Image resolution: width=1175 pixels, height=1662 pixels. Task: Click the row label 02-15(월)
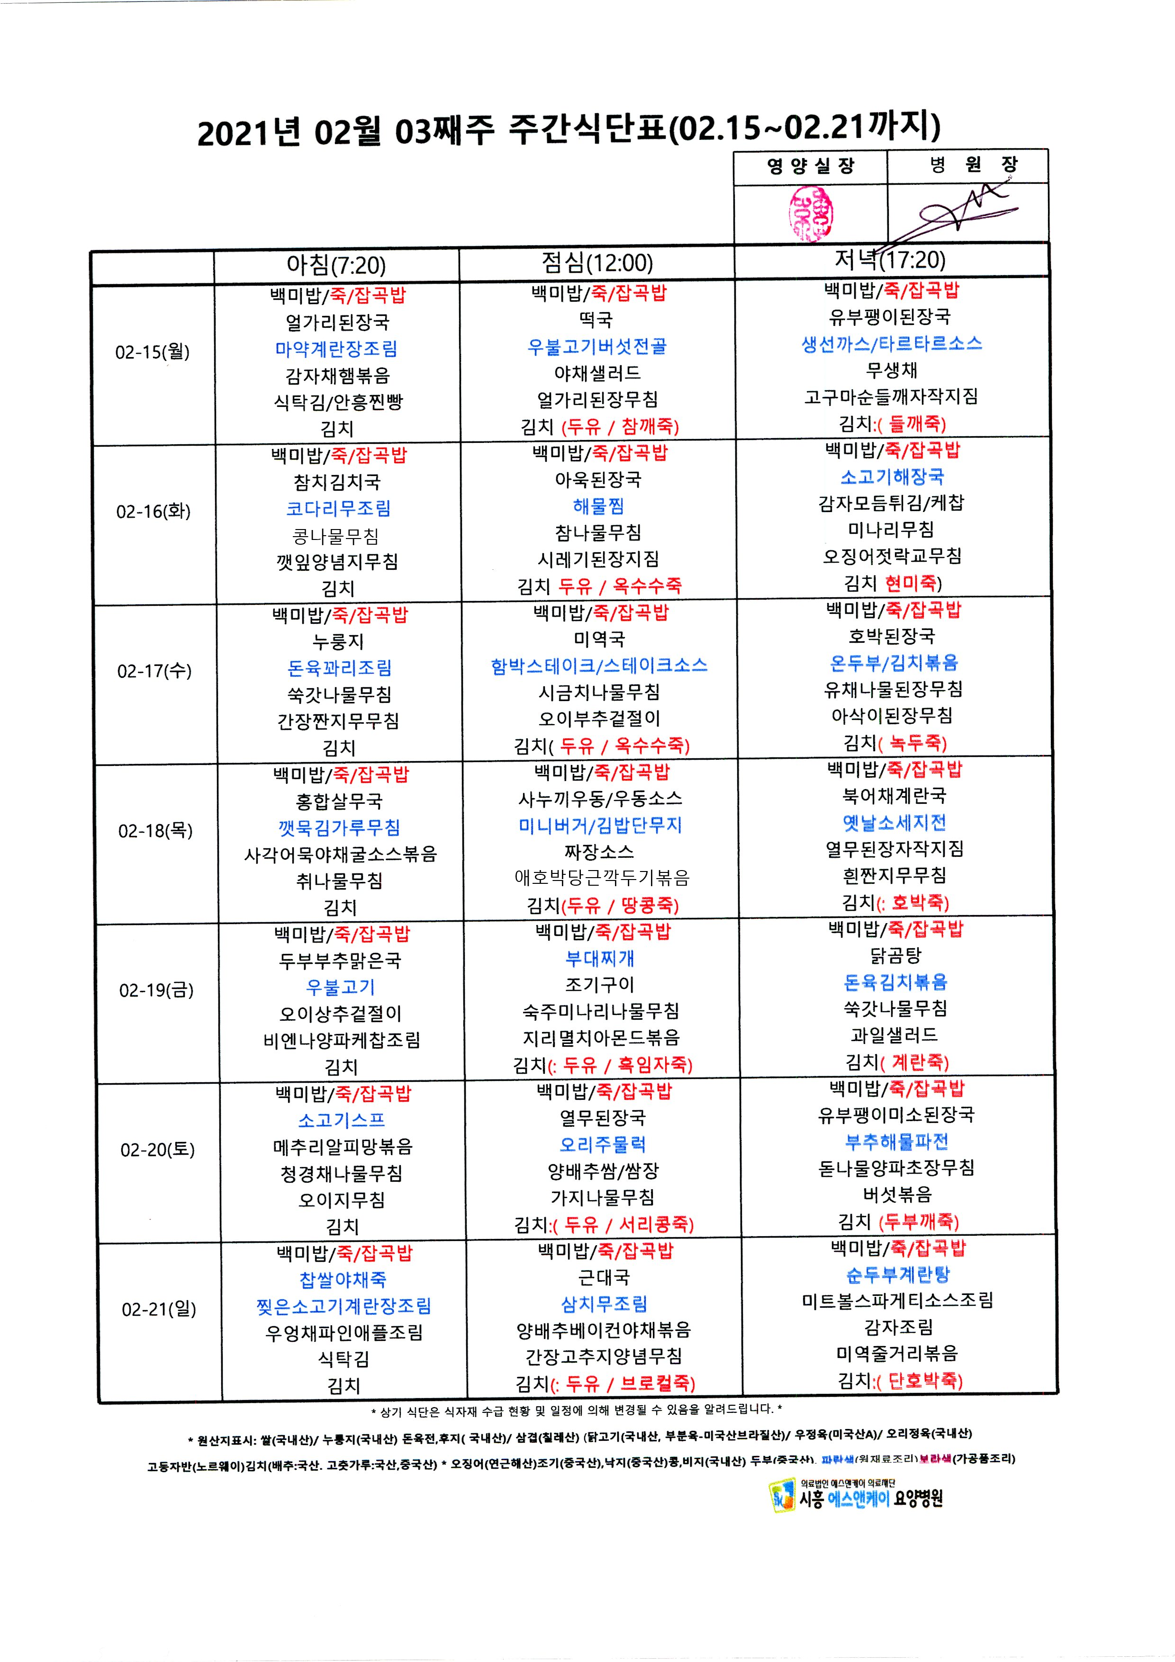pyautogui.click(x=152, y=352)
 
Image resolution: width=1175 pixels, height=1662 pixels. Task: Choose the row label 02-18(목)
pyautogui.click(x=156, y=830)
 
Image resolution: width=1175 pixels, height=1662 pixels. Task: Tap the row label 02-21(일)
pyautogui.click(x=159, y=1309)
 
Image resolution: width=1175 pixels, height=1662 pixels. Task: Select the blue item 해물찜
pyautogui.click(x=598, y=506)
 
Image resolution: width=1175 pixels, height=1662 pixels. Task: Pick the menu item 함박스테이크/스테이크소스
pyautogui.click(x=599, y=666)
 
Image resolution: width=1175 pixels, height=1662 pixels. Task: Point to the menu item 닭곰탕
pyautogui.click(x=895, y=955)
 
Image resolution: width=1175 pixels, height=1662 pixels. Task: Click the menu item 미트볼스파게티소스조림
pyautogui.click(x=897, y=1301)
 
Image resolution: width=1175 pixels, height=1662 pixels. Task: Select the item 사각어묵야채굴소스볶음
pyautogui.click(x=340, y=854)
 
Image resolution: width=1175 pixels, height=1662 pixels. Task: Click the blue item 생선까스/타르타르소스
pyautogui.click(x=891, y=344)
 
